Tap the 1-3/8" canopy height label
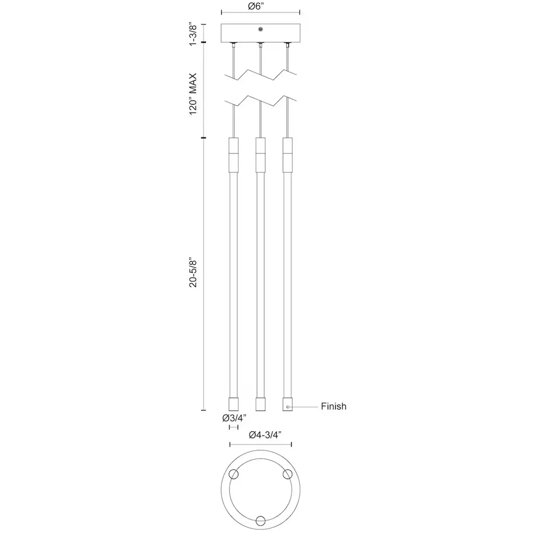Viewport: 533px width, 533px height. [193, 34]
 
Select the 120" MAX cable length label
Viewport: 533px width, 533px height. [193, 94]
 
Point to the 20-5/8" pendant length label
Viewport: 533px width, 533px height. [193, 272]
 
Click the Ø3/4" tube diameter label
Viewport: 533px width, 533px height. [234, 418]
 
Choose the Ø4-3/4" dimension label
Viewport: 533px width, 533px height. [265, 435]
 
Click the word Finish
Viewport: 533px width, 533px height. [334, 406]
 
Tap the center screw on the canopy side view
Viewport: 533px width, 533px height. [260, 29]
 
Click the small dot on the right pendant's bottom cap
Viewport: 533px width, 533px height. [288, 407]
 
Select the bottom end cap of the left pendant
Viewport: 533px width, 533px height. [234, 404]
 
